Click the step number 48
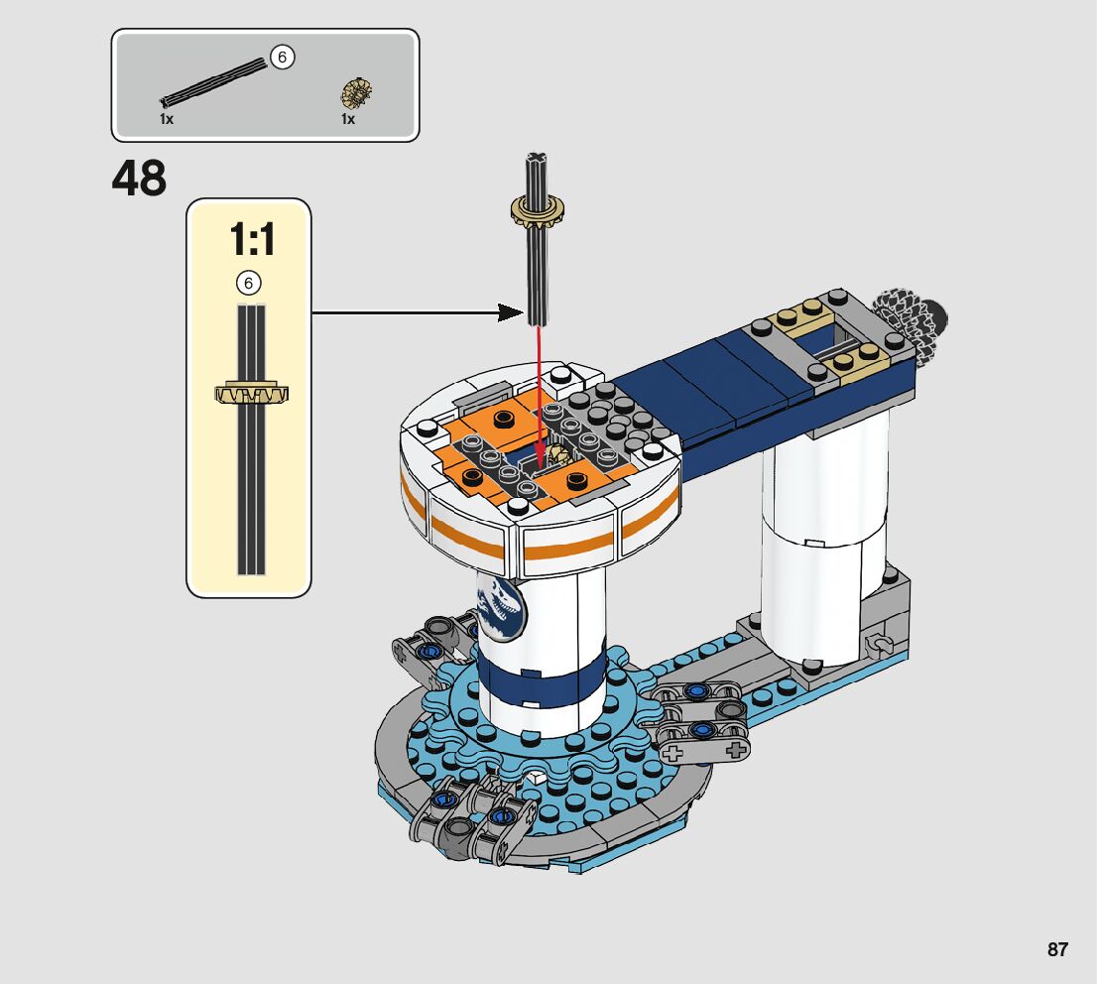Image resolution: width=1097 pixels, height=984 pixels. tap(139, 179)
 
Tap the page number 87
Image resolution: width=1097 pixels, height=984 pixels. tap(1057, 949)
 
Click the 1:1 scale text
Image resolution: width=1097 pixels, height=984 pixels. tap(253, 239)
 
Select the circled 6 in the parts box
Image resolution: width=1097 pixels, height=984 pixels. tap(283, 58)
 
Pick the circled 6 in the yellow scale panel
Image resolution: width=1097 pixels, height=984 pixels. tap(248, 284)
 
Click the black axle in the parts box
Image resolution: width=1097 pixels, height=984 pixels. tap(214, 82)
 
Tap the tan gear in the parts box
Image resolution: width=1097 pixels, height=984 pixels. tap(356, 94)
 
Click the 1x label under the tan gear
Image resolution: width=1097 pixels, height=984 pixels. tap(348, 120)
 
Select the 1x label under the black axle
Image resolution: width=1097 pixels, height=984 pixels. tap(167, 120)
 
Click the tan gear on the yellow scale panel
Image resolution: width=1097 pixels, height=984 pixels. tap(251, 394)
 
